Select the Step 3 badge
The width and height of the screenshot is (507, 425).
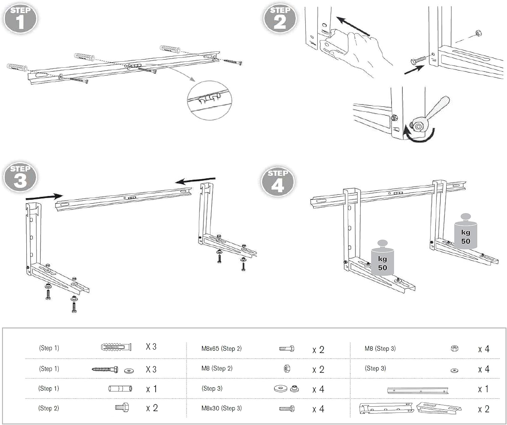pos(20,177)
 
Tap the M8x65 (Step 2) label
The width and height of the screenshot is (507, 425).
pos(221,349)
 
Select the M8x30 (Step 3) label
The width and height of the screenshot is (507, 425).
pos(221,408)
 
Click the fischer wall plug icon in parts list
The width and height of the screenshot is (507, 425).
pos(116,347)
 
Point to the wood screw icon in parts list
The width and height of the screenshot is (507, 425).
pos(105,370)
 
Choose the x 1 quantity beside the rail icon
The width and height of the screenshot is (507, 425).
pos(483,389)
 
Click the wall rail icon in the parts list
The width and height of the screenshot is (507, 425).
pos(418,390)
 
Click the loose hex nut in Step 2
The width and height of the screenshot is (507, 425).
pos(478,33)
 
